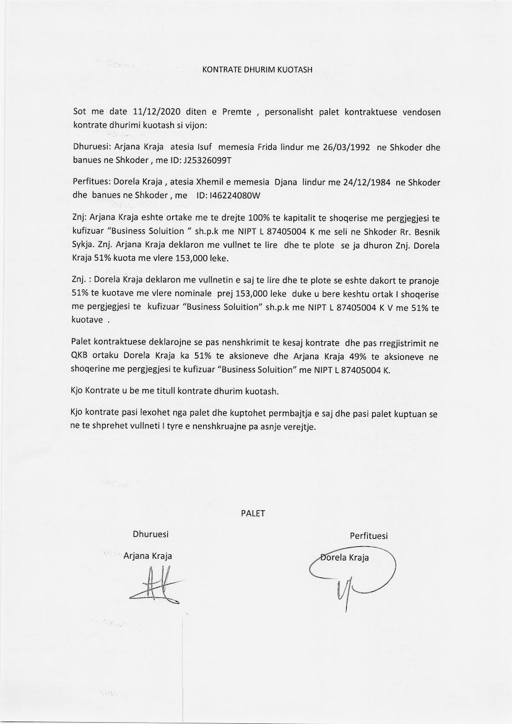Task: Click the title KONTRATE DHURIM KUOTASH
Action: point(258,69)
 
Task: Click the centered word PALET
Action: point(253,513)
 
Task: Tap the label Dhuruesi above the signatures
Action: point(150,534)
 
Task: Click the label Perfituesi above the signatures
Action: point(369,536)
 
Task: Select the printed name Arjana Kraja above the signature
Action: point(148,556)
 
